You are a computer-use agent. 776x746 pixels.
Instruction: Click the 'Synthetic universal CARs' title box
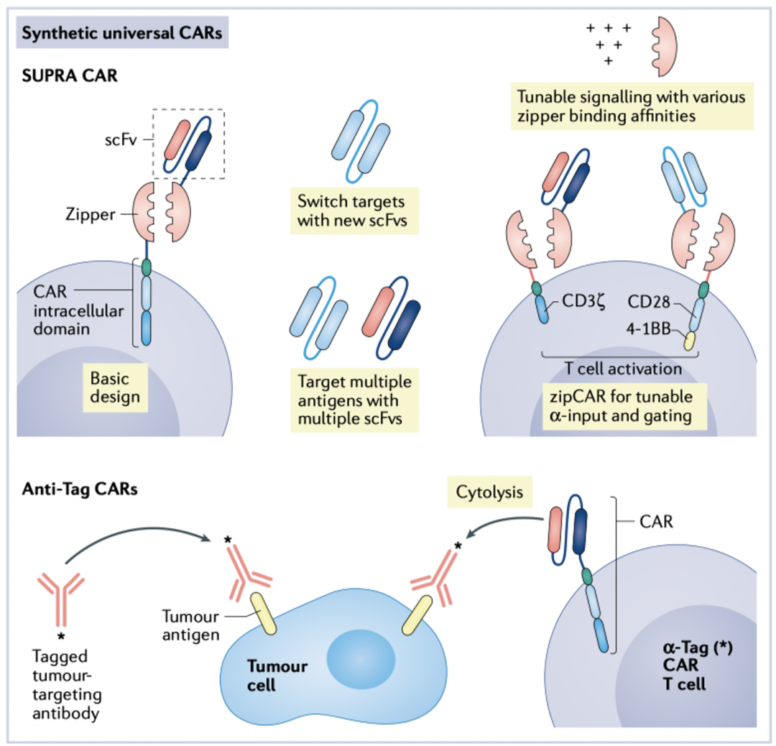[122, 32]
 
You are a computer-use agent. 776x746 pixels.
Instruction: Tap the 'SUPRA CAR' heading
[70, 75]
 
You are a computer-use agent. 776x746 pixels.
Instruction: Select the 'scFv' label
[120, 140]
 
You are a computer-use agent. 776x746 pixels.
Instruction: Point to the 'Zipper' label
[90, 214]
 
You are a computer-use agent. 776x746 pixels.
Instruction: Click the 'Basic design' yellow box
[115, 387]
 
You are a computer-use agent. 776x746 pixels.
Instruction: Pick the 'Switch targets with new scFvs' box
[354, 211]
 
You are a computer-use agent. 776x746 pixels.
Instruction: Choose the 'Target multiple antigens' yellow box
[354, 400]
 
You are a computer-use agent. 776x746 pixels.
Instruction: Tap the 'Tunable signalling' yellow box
[632, 106]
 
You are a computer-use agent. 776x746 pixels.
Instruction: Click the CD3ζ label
[583, 301]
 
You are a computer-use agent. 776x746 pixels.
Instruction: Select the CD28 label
[648, 301]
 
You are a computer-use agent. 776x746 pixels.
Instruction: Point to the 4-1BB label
[648, 328]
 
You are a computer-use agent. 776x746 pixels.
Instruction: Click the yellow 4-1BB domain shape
[689, 341]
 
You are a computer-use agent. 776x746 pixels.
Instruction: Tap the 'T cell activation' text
[623, 369]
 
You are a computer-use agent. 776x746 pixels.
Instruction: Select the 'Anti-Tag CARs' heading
[80, 489]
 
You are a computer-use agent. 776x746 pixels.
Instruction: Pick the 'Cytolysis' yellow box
[489, 492]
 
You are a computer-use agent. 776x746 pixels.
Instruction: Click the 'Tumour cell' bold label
[277, 676]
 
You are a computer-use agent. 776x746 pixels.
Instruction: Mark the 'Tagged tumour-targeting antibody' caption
[67, 685]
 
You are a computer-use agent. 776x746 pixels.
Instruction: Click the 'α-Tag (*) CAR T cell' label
[698, 666]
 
